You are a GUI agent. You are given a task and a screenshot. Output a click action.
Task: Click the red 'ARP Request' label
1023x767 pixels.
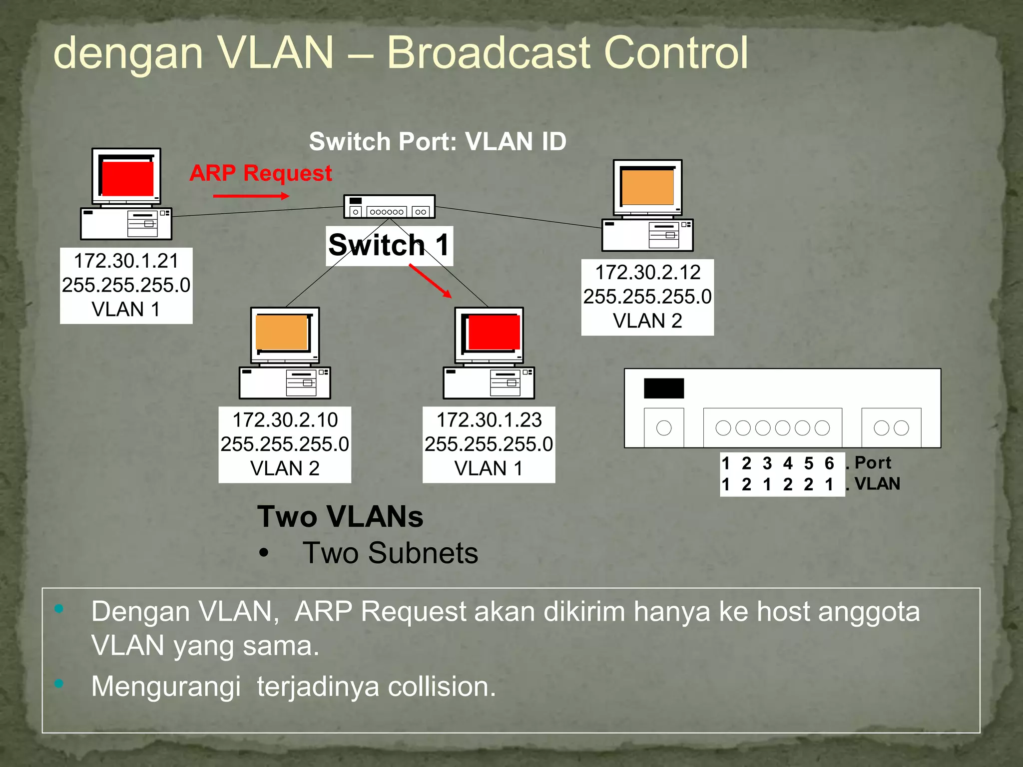(x=260, y=173)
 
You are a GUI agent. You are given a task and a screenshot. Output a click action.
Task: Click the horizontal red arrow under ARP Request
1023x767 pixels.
(x=251, y=196)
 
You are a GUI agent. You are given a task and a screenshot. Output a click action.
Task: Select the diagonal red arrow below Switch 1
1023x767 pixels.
(x=430, y=281)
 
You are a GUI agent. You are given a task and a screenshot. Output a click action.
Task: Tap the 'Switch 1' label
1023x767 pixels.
(x=389, y=246)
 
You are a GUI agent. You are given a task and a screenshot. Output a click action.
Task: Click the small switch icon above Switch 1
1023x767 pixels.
(x=389, y=206)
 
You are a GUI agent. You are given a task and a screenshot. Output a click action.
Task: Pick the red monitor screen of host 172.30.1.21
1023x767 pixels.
(x=128, y=178)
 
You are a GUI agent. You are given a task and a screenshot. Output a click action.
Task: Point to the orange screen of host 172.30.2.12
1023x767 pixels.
(x=648, y=187)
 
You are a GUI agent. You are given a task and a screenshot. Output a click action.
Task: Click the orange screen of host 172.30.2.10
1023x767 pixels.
(x=282, y=333)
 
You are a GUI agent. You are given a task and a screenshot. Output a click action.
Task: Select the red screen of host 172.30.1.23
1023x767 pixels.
(x=494, y=333)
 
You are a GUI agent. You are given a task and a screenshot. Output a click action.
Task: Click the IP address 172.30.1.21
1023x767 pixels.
(x=126, y=261)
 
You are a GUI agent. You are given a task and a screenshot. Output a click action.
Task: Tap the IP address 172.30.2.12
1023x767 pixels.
(x=647, y=272)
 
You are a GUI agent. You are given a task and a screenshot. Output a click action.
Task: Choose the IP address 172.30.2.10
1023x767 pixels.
(x=285, y=420)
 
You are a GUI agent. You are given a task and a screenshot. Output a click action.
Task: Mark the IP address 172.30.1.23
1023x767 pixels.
(x=489, y=420)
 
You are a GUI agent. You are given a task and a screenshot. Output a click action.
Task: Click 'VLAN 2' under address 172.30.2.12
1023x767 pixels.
(x=647, y=321)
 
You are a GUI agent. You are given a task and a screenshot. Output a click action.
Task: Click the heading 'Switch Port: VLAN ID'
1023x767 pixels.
(x=438, y=141)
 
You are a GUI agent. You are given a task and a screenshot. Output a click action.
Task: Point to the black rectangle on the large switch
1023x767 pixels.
(x=663, y=388)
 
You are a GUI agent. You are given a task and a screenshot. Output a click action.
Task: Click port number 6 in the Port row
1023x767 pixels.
(x=829, y=463)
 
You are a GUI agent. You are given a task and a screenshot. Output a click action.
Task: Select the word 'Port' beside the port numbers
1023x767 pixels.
(x=873, y=462)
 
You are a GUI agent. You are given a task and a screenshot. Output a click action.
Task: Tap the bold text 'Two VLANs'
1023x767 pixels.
(x=340, y=516)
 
